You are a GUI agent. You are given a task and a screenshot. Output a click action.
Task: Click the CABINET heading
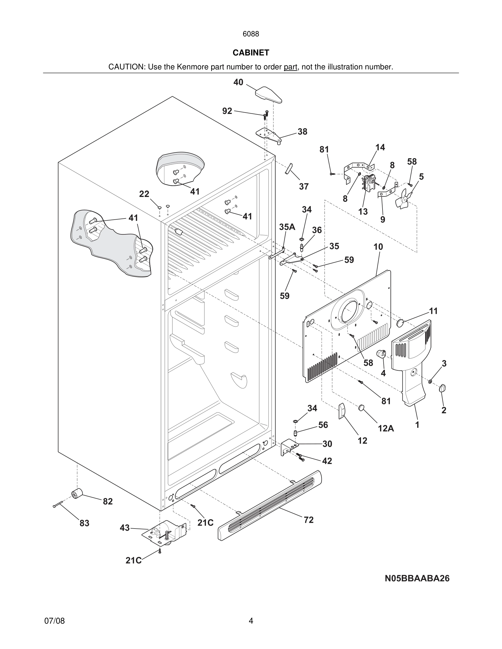[x=251, y=53]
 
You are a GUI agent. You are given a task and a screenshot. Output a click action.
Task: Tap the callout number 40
[x=238, y=82]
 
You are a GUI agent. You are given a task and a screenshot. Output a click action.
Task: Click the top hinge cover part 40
[x=268, y=95]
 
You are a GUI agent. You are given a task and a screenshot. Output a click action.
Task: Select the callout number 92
[x=227, y=111]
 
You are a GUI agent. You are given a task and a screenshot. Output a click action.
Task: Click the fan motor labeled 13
[x=369, y=183]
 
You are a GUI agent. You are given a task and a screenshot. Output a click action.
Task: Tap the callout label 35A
[x=287, y=227]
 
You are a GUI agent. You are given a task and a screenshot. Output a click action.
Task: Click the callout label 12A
[x=386, y=428]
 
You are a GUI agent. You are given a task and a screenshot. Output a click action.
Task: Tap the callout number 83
[x=84, y=523]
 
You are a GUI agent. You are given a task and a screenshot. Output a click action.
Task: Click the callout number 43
[x=125, y=528]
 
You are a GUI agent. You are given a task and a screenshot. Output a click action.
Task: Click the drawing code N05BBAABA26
[x=417, y=578]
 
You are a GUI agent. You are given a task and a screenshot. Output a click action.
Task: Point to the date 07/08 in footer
[x=54, y=621]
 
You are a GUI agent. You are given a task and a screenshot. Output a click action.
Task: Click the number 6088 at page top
[x=251, y=34]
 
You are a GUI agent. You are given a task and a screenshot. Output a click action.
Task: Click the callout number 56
[x=323, y=425]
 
